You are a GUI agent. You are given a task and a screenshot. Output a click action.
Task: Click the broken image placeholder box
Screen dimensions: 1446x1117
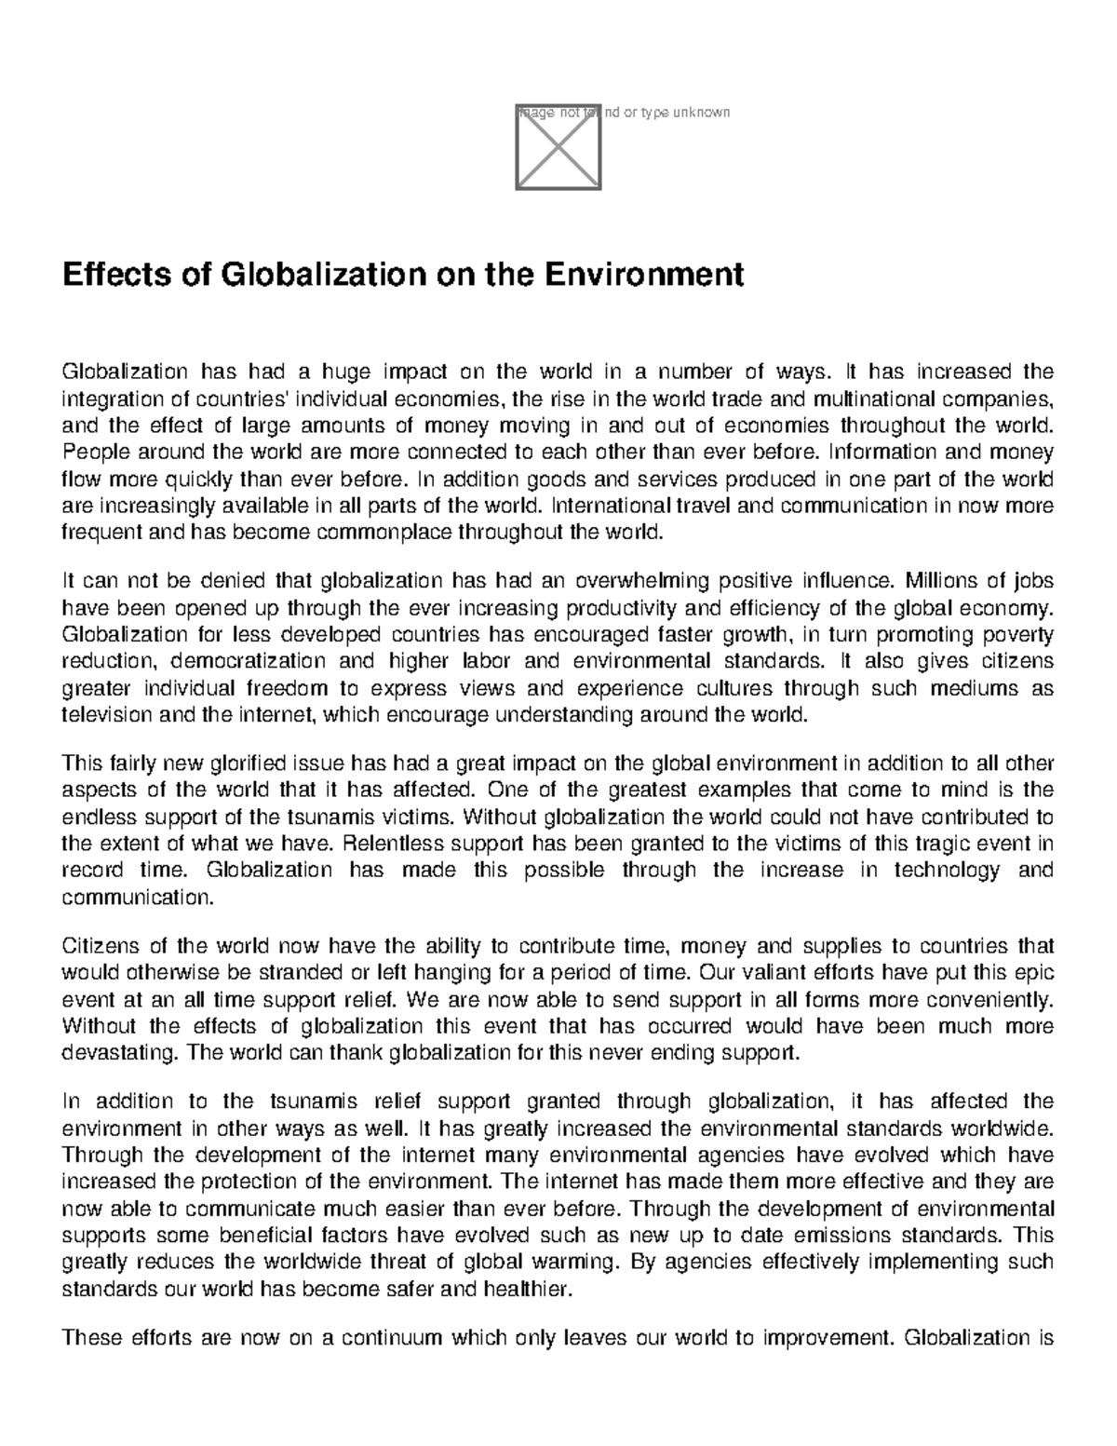pos(558,148)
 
